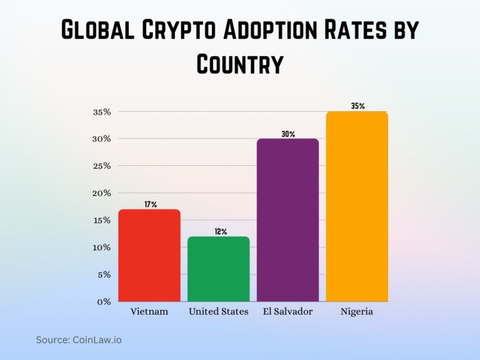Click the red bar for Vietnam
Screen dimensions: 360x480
149,255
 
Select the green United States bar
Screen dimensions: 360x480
218,269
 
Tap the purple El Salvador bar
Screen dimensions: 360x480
287,219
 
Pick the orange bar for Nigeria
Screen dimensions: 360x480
357,206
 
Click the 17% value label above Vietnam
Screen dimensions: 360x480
150,204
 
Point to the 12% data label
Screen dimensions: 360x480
219,232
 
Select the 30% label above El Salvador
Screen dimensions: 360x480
288,134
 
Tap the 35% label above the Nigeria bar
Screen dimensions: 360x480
357,106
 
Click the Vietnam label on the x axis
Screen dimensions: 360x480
149,312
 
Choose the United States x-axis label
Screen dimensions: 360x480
219,312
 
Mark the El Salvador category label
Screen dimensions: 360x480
288,312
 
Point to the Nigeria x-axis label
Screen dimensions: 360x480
357,312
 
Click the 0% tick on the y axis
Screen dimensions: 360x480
104,302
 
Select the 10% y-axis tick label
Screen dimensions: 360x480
101,248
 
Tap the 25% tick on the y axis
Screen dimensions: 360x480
101,166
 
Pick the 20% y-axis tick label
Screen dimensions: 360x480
101,193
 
